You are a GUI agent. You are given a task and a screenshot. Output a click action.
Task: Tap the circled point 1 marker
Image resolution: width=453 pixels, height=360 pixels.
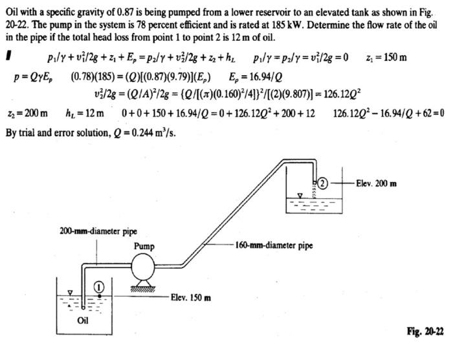[99, 286]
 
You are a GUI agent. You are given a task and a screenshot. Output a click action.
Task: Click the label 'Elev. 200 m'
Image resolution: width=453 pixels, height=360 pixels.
[376, 183]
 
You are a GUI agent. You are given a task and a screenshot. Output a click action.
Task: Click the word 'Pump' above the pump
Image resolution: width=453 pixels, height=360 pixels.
[144, 247]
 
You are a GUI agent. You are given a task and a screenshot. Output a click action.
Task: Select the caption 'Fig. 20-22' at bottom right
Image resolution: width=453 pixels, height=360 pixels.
[425, 332]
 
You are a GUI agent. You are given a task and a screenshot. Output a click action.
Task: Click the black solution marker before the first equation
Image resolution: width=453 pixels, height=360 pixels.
[8, 58]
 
